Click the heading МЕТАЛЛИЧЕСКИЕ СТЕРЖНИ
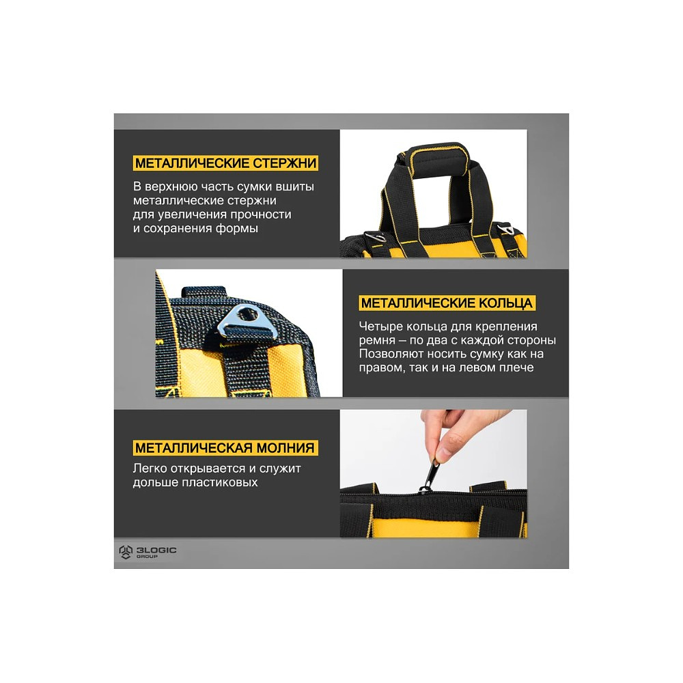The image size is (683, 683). (x=225, y=163)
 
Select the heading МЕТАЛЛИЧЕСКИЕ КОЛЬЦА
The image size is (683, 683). (x=447, y=303)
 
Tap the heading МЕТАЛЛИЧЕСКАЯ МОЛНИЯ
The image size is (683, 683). (x=225, y=448)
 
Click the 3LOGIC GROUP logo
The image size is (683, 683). (x=148, y=552)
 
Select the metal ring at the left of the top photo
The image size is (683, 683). (x=374, y=236)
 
